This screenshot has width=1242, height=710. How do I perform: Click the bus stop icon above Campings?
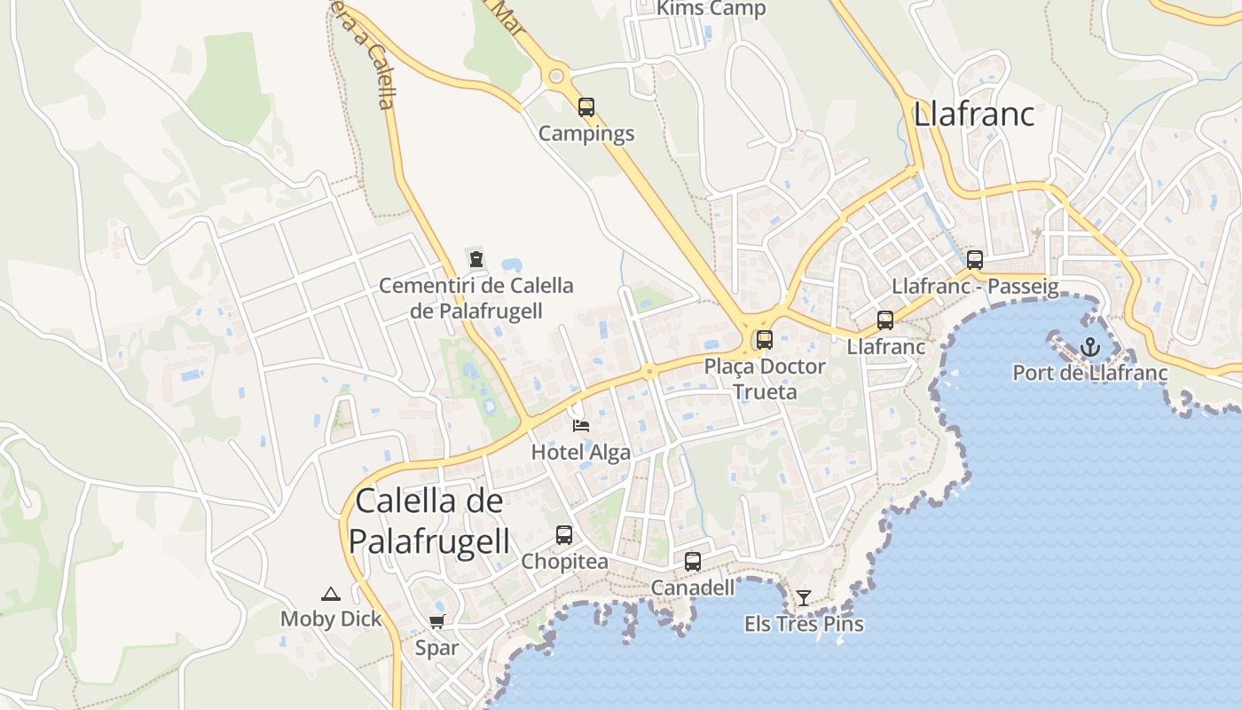pos(586,107)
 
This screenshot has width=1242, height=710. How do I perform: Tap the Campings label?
pos(586,134)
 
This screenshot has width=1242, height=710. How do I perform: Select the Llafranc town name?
pos(974,114)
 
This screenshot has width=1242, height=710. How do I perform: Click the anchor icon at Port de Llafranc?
pos(1089,347)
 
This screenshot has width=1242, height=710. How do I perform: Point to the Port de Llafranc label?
pos(1089,373)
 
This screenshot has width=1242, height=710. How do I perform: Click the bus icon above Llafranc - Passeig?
pos(974,260)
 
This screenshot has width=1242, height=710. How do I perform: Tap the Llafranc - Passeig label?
pos(974,287)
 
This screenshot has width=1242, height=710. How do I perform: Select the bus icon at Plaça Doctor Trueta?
pos(764,339)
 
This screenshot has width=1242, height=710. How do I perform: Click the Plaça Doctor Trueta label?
pos(764,379)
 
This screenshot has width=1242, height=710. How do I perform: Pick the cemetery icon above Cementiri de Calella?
pos(476,260)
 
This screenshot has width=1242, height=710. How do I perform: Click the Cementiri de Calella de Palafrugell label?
pos(476,298)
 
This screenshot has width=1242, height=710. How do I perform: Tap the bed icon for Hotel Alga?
pos(581,426)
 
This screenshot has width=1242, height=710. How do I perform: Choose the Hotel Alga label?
pos(581,452)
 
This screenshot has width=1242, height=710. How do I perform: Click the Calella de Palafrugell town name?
pos(429,521)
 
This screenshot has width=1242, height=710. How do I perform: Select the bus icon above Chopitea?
pos(564,535)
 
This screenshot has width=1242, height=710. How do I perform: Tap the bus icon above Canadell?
pos(693,562)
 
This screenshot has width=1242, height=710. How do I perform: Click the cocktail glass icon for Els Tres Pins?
pos(803,598)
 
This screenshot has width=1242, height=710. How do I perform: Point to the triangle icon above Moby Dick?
pos(331,594)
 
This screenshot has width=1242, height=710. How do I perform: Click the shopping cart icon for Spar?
pos(436,621)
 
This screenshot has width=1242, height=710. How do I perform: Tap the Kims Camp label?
pos(711,9)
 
